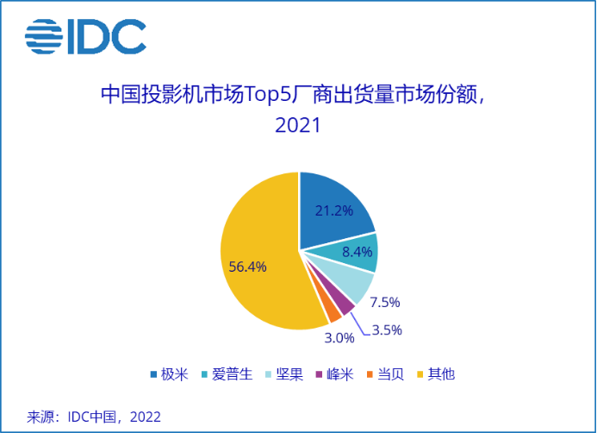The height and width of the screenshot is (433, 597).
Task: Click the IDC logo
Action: tap(84, 35)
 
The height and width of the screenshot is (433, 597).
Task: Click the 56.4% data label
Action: tap(247, 267)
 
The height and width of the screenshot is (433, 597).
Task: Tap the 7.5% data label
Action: tap(384, 302)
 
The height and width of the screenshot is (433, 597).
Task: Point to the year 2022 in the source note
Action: tap(146, 417)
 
